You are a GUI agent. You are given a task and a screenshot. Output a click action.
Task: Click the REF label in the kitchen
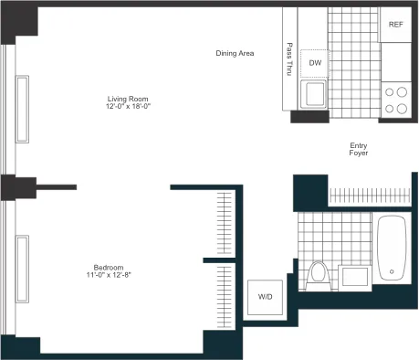[395, 24]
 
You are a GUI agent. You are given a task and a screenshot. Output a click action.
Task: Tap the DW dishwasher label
[315, 62]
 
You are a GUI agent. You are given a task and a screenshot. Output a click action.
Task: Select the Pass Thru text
[289, 58]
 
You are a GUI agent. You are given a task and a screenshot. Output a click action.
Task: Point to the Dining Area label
[235, 53]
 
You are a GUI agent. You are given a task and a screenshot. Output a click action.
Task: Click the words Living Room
[126, 99]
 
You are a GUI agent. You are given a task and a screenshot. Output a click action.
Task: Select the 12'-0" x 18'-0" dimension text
[126, 107]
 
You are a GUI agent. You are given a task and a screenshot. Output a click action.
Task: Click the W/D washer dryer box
[265, 297]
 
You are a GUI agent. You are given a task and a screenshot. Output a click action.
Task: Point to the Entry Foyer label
[359, 149]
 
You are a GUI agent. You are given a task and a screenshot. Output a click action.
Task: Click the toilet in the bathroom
[319, 273]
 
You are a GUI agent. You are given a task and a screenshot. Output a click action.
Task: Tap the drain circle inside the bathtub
[393, 271]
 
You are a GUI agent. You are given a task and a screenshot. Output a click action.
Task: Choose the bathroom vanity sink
[353, 275]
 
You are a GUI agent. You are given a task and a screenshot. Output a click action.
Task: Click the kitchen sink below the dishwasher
[314, 95]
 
